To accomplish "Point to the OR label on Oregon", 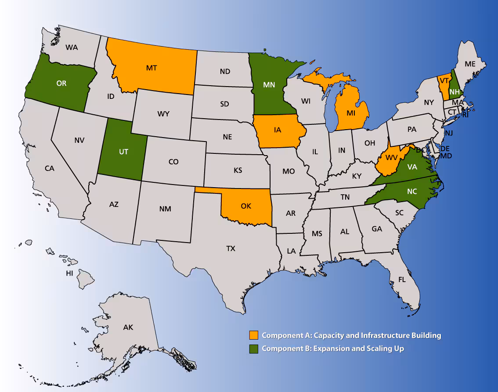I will [x=61, y=83].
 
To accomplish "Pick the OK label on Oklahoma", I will [x=246, y=206].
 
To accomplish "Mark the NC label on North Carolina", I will [x=412, y=192].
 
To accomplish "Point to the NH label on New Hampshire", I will [x=455, y=91].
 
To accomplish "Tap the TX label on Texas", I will [x=231, y=249].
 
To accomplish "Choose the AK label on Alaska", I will [x=128, y=327].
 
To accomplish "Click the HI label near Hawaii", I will [x=69, y=273].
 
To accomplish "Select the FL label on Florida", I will [x=402, y=279].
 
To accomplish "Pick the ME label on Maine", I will [x=470, y=64].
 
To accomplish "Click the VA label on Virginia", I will [x=412, y=167].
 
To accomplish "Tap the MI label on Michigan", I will [x=350, y=113].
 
